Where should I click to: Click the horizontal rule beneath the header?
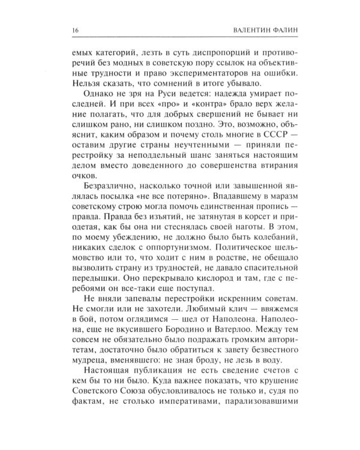[179, 39]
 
